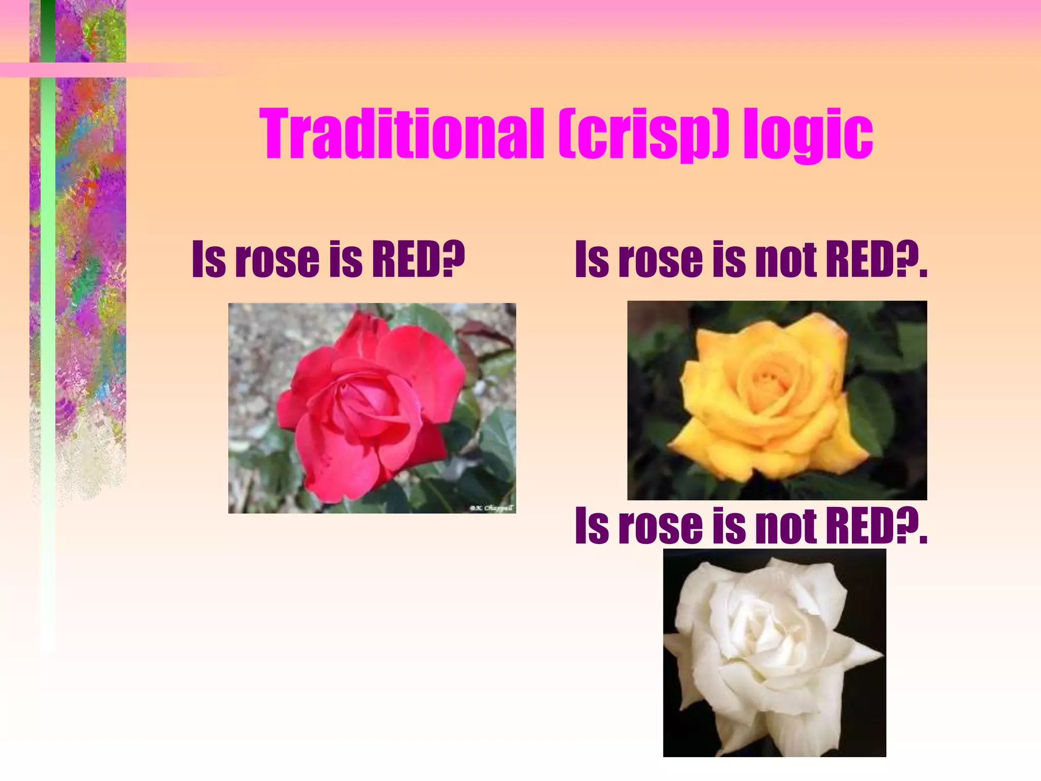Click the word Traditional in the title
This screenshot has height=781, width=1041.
pos(402,134)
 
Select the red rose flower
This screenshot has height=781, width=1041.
pos(366,407)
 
